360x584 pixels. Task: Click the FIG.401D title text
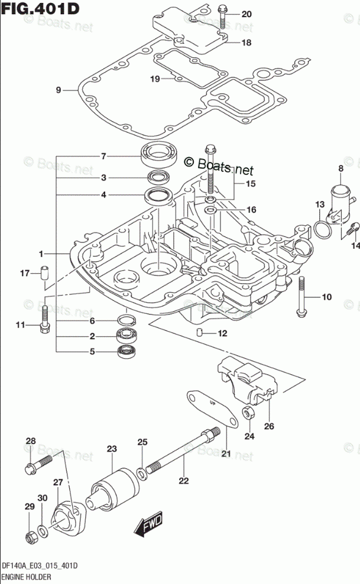point(40,9)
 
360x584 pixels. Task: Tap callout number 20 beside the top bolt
point(246,14)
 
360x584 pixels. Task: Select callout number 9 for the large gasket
point(59,90)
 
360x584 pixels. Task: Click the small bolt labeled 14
point(355,228)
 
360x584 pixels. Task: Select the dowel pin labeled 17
point(44,275)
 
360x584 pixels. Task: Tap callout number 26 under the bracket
point(269,426)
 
